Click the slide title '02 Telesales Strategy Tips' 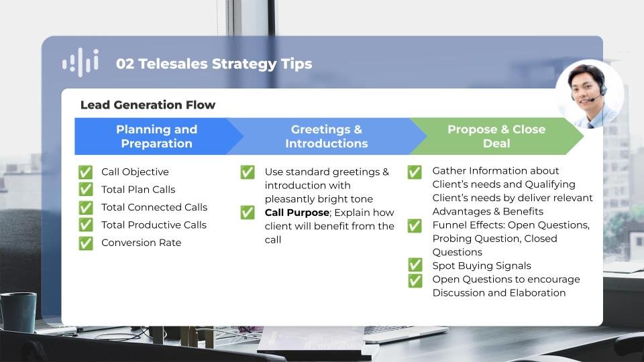coord(214,64)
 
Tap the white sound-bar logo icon coord(80,62)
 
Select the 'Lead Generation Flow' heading coord(148,105)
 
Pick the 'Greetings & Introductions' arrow coord(327,136)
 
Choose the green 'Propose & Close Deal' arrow coord(496,136)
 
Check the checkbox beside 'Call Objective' coord(85,172)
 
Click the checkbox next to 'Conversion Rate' coord(85,243)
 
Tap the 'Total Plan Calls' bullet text coord(138,190)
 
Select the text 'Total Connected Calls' coord(154,207)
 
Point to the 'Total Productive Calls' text coord(154,225)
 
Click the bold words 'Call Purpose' coord(297,213)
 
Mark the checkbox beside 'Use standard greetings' coord(248,172)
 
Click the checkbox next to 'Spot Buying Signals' coord(415,265)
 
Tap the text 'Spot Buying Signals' coord(482,265)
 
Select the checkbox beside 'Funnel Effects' coord(415,226)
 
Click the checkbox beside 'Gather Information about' coord(415,172)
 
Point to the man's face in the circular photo coord(586,89)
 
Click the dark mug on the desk coord(18,312)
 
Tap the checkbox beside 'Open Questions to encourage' coord(415,281)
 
